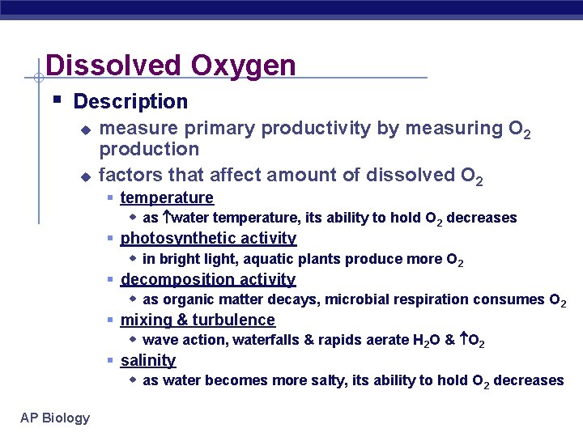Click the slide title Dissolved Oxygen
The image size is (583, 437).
click(x=171, y=66)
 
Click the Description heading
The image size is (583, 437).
click(x=130, y=102)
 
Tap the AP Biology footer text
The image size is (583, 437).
click(x=56, y=418)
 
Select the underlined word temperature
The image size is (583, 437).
click(x=167, y=197)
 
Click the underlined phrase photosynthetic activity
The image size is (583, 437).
click(x=208, y=238)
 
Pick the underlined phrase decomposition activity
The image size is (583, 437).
click(x=208, y=279)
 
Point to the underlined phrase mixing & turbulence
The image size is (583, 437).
click(x=198, y=320)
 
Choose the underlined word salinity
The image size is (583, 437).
click(x=148, y=360)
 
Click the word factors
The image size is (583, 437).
click(x=126, y=175)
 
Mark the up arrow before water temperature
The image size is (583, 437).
click(x=167, y=218)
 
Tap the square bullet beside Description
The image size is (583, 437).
click(x=57, y=101)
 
